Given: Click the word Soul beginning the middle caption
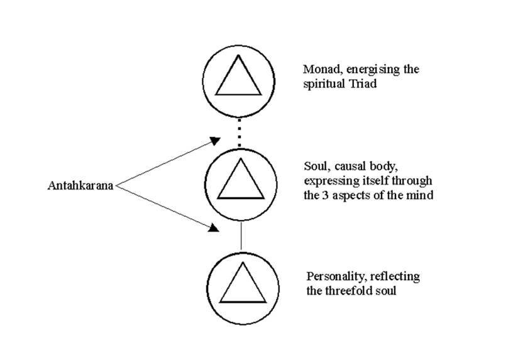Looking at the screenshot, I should (314, 168).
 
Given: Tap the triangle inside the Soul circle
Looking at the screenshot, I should (240, 180).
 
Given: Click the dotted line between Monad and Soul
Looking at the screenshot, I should (240, 132).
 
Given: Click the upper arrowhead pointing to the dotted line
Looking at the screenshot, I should (216, 139).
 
